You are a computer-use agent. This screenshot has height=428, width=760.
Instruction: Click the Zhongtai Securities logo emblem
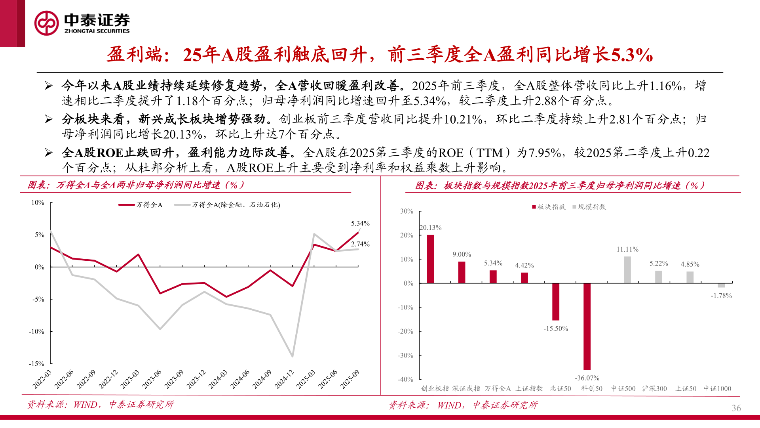(x=47, y=23)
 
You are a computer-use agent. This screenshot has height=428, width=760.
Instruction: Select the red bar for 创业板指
(x=430, y=259)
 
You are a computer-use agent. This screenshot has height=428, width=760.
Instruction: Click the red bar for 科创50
(x=587, y=326)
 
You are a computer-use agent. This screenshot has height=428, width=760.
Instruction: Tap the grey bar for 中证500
(x=627, y=270)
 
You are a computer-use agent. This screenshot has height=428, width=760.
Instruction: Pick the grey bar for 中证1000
(x=721, y=285)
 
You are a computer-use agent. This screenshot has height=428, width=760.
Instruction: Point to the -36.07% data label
(x=587, y=378)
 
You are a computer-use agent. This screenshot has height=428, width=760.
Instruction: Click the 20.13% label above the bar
(x=431, y=227)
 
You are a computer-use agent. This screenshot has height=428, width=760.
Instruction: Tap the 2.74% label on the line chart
(x=360, y=244)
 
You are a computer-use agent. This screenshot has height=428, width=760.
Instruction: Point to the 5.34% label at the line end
(x=360, y=224)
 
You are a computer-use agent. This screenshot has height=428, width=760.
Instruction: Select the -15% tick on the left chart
(x=36, y=363)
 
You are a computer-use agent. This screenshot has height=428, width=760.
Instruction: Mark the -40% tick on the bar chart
(x=405, y=379)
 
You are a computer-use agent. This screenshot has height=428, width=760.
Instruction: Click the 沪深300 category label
(x=654, y=389)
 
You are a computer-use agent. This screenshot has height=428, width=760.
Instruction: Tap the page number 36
(x=736, y=408)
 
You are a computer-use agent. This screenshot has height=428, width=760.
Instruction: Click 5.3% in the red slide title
(x=632, y=55)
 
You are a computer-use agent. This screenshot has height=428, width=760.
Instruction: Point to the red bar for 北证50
(x=556, y=302)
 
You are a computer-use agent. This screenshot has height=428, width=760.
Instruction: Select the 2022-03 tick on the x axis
(x=42, y=379)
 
